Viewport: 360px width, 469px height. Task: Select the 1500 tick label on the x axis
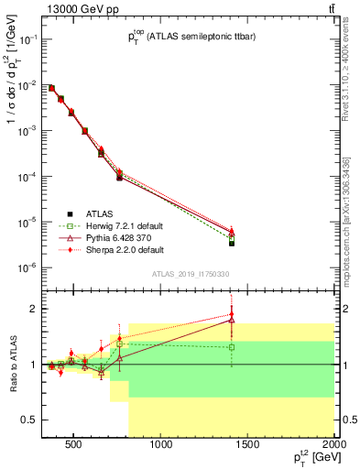248,445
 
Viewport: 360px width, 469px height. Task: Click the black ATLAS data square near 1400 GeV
232,243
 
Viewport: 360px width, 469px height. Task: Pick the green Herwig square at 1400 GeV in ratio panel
232,347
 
